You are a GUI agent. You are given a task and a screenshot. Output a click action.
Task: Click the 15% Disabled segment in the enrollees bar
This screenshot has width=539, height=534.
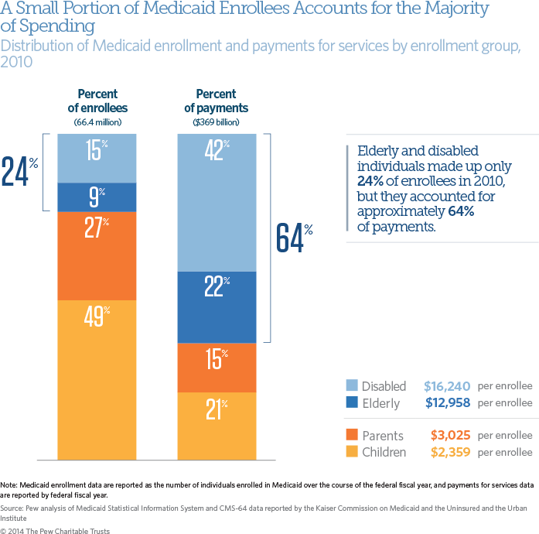coord(97,158)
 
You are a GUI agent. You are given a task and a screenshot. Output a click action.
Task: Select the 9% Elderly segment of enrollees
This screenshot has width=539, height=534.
coord(97,197)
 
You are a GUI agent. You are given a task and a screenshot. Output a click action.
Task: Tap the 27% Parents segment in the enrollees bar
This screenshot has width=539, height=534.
coord(97,255)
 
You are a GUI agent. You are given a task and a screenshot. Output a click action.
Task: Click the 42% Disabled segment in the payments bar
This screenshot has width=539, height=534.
coord(217,202)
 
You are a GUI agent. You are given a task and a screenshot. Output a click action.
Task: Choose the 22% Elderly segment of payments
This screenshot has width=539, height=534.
coord(217,307)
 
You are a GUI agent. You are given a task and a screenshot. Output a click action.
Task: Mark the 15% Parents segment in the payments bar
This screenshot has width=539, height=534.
coord(217,368)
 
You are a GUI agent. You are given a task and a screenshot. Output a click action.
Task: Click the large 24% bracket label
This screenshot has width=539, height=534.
coord(19,171)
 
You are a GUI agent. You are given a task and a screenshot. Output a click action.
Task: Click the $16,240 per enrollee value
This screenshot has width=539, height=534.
coord(447,385)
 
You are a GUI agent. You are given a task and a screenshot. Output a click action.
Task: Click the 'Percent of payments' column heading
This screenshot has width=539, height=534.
coord(216,101)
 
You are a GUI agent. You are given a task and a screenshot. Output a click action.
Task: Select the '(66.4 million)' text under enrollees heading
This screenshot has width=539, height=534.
coord(97,122)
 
